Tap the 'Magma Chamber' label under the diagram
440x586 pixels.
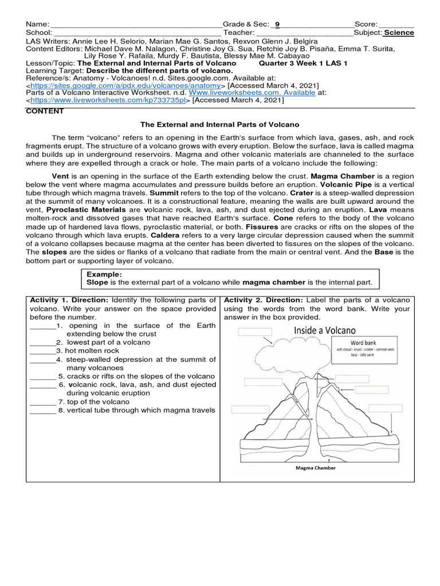pyautogui.click(x=316, y=468)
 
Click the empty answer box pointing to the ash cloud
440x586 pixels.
pyautogui.click(x=255, y=332)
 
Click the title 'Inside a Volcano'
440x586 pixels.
pyautogui.click(x=325, y=330)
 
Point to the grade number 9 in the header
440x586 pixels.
pyautogui.click(x=277, y=25)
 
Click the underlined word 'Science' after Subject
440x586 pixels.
pyautogui.click(x=399, y=33)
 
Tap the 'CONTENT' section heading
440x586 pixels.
pyautogui.click(x=45, y=112)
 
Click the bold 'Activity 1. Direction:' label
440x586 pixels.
pyautogui.click(x=69, y=300)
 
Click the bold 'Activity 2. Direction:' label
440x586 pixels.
pyautogui.click(x=264, y=300)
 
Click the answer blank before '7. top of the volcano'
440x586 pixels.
pyautogui.click(x=43, y=402)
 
